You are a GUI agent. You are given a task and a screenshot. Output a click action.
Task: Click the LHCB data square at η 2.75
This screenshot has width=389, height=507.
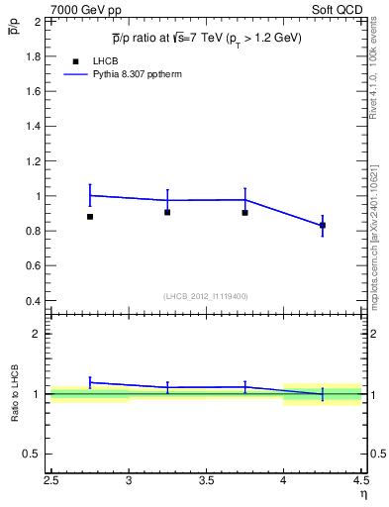point(90,216)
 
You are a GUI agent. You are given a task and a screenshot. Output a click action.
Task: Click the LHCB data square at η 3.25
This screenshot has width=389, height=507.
point(167,212)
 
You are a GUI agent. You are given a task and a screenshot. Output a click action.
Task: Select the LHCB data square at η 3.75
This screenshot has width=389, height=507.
point(244,212)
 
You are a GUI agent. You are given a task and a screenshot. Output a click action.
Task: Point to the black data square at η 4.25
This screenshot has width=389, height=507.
point(322,226)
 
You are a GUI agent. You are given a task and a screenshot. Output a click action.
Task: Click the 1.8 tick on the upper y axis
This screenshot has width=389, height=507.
point(32,56)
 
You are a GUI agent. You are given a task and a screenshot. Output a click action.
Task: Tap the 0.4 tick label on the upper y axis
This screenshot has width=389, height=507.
point(32,301)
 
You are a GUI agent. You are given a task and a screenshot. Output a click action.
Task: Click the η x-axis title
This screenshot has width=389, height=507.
point(362,495)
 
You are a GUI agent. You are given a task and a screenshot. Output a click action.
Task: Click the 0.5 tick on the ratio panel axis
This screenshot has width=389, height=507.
point(32,455)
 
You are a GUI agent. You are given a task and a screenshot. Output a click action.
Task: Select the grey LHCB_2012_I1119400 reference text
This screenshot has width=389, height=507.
point(206,296)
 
